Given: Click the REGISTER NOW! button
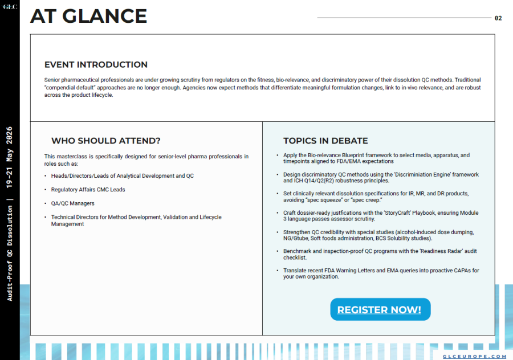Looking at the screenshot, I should [380, 310].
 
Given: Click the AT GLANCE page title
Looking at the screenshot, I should [88, 16].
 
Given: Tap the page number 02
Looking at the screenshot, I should [498, 18].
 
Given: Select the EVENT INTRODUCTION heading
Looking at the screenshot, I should [96, 64].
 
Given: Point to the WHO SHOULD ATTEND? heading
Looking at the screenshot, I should [106, 141].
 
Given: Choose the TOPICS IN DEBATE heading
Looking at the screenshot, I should [325, 141].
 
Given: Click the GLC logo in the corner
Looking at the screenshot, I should [10, 7].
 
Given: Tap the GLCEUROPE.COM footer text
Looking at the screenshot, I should [474, 356].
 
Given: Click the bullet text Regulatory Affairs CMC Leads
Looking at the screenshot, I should [88, 190].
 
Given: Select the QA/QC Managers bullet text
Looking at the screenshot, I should [72, 203].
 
